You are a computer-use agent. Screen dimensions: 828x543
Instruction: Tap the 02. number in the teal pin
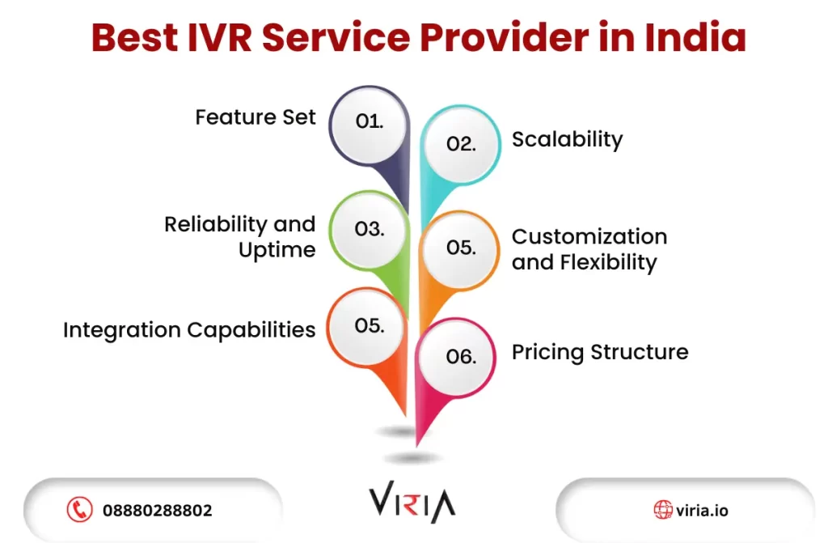[x=461, y=144]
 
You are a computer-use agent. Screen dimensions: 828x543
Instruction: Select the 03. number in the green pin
[x=369, y=230]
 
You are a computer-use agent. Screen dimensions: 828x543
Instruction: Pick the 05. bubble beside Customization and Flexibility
[x=461, y=248]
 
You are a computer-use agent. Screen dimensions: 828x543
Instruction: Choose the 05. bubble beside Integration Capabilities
[x=369, y=325]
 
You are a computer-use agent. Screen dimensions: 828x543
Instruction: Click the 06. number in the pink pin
[x=461, y=357]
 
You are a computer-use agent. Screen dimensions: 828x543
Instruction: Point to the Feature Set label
[x=256, y=117]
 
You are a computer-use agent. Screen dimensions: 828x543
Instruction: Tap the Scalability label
[x=567, y=140]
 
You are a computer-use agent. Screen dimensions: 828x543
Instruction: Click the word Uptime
[x=277, y=250]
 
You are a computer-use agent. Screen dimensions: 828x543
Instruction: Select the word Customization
[x=589, y=236]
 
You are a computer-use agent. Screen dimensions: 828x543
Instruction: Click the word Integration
[x=122, y=330]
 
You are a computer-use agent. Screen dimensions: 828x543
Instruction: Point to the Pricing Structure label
[x=600, y=353]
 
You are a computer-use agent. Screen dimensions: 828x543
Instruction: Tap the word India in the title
[x=695, y=37]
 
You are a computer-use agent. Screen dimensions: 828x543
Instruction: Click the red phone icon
[x=80, y=510]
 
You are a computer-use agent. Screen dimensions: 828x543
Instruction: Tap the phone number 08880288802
[x=158, y=510]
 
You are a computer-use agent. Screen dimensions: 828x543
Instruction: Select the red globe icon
[x=663, y=510]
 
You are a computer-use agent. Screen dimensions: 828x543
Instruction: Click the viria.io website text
[x=702, y=510]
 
